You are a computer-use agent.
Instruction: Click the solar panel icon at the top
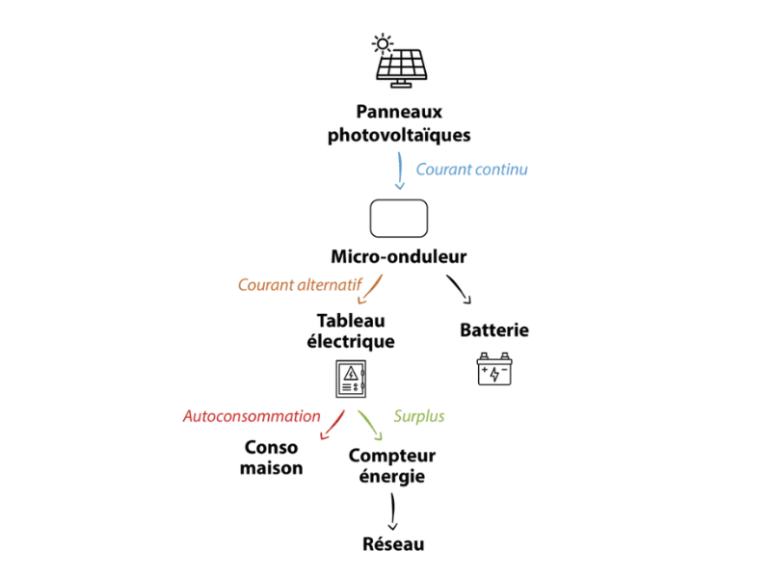tap(399, 58)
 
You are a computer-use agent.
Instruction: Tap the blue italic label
tap(473, 170)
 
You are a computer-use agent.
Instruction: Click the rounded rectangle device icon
tap(400, 218)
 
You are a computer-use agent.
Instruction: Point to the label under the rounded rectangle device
tap(399, 258)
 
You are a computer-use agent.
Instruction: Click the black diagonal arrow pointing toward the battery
tap(461, 289)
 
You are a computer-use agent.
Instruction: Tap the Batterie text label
tap(495, 330)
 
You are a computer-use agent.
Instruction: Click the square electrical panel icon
tap(350, 376)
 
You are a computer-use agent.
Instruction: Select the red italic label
tap(251, 416)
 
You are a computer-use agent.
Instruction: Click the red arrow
tap(332, 425)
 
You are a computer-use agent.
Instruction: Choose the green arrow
tap(369, 425)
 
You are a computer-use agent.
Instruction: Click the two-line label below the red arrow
tap(275, 459)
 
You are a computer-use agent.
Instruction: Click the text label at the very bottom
tap(397, 545)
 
